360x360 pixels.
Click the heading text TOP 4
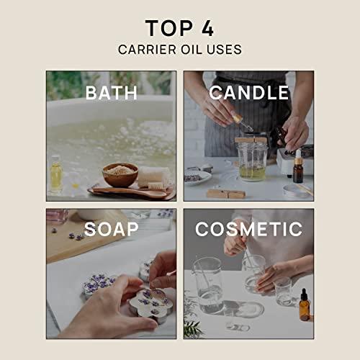[x=179, y=28]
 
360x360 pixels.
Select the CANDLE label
[x=249, y=93]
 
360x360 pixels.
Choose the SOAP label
[x=110, y=230]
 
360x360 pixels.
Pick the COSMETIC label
[x=249, y=230]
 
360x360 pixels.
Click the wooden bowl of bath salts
[x=120, y=174]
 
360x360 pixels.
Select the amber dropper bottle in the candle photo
[x=297, y=167]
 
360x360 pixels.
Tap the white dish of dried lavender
[x=197, y=176]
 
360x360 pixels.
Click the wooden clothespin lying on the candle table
[x=225, y=193]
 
